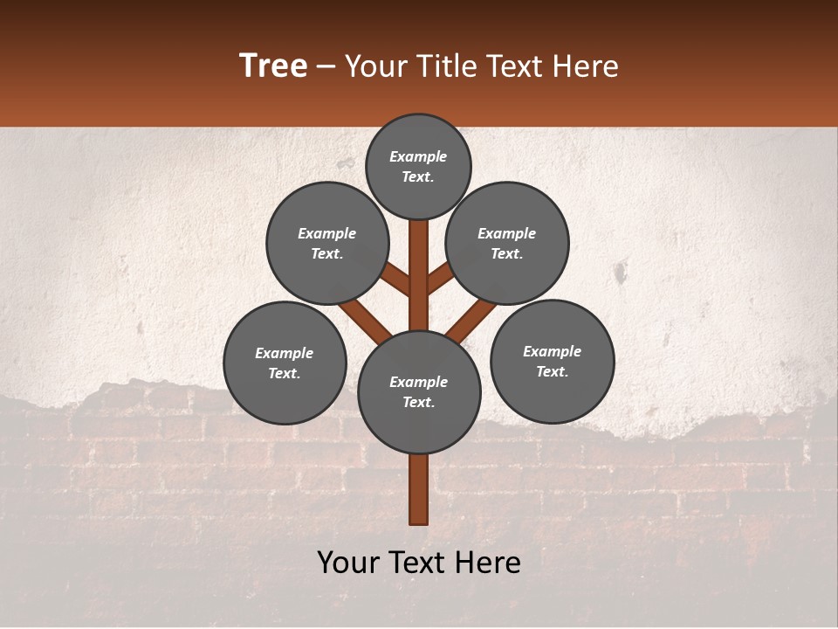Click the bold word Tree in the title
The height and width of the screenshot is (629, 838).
273,66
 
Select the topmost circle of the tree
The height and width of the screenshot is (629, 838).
418,166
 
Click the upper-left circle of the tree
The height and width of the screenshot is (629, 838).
327,243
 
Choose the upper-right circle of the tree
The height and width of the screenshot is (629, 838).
507,243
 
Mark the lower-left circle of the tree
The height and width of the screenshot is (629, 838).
285,363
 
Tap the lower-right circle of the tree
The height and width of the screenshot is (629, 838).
553,361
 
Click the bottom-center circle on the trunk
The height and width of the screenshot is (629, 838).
419,392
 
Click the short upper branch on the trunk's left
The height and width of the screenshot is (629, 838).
396,280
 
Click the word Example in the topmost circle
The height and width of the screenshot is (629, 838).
418,156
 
